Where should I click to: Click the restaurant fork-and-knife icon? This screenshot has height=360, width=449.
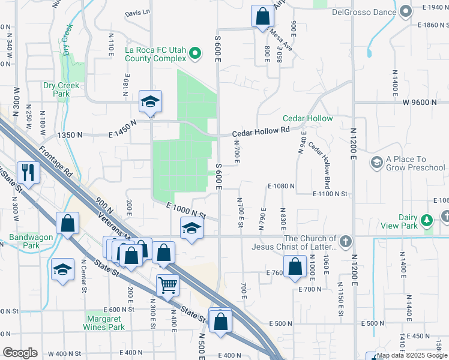[28, 173]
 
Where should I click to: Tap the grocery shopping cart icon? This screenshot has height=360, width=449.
[168, 285]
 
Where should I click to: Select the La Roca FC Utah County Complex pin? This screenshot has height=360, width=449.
[194, 55]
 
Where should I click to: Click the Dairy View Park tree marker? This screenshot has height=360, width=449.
[427, 221]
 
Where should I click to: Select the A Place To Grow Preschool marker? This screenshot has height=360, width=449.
[377, 163]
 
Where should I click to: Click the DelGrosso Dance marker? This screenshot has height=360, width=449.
[406, 11]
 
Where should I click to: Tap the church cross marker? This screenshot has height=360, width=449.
[345, 242]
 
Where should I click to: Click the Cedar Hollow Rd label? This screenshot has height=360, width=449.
[262, 130]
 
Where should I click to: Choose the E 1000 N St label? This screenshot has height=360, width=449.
[186, 210]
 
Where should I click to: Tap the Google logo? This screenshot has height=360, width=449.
[20, 353]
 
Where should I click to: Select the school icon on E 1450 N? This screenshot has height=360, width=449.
[150, 102]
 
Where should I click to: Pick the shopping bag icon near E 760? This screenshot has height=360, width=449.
[294, 268]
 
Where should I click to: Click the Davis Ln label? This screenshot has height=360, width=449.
[137, 13]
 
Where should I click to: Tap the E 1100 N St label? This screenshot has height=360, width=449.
[330, 194]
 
